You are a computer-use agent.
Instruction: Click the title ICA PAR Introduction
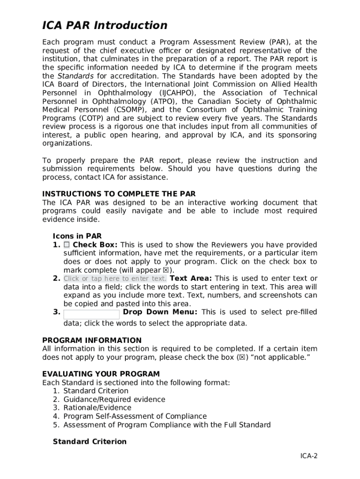pyautogui.click(x=105, y=25)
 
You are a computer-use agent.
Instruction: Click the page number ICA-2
pyautogui.click(x=309, y=457)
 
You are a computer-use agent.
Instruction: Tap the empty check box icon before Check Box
pyautogui.click(x=67, y=245)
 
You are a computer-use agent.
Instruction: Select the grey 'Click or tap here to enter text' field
pyautogui.click(x=115, y=279)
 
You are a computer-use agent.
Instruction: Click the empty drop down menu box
pyautogui.click(x=92, y=314)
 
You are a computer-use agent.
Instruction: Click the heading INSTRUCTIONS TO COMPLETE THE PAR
pyautogui.click(x=119, y=194)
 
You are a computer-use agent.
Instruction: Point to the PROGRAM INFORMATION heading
pyautogui.click(x=92, y=340)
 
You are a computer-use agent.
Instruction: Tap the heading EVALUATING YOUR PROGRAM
pyautogui.click(x=101, y=374)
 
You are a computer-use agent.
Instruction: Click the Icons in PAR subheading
pyautogui.click(x=77, y=236)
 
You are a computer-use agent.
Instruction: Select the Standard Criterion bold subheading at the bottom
pyautogui.click(x=90, y=442)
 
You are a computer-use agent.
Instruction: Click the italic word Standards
pyautogui.click(x=75, y=76)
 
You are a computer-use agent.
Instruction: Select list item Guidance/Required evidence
pyautogui.click(x=114, y=399)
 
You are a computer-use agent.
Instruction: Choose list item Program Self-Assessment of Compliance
pyautogui.click(x=135, y=416)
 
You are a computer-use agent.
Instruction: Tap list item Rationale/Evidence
pyautogui.click(x=97, y=408)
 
